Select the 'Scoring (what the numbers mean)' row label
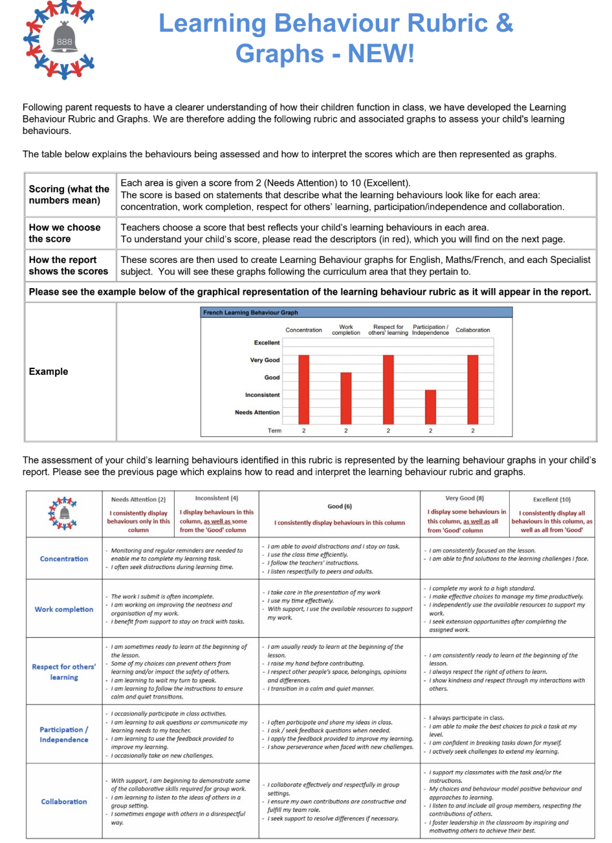tap(69, 194)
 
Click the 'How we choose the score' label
tap(65, 233)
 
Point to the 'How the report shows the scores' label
tap(69, 265)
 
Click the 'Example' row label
tap(49, 372)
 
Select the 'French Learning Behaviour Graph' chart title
tap(250, 313)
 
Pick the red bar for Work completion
tap(346, 397)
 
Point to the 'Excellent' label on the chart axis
tap(267, 343)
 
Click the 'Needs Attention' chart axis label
tap(257, 412)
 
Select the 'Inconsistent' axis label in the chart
tap(262, 395)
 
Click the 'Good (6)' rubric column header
tap(340, 507)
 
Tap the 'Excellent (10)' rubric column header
tap(552, 500)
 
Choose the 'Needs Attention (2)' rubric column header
tap(138, 500)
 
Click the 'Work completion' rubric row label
tap(64, 609)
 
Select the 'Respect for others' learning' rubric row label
tap(64, 672)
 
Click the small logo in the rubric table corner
tap(64, 513)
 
